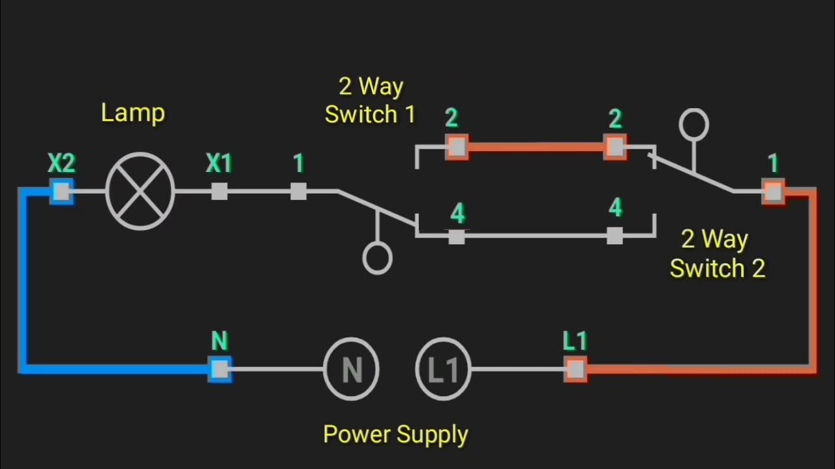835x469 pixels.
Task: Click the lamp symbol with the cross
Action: coord(140,192)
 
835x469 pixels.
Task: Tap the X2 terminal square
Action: coord(61,192)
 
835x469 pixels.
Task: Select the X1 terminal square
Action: coord(219,192)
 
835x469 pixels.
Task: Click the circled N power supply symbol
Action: coord(352,369)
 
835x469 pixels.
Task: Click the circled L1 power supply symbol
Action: coord(444,369)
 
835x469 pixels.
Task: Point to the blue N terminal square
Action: coord(220,369)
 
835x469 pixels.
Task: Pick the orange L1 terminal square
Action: coord(575,369)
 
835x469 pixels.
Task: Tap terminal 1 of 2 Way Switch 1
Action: coord(298,192)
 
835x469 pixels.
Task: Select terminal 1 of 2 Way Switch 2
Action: coord(774,192)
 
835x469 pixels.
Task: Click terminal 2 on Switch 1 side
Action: coord(457,147)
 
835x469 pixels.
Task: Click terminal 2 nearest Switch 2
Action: coord(615,147)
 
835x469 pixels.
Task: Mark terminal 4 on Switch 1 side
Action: coord(457,236)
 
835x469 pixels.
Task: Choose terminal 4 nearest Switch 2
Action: coord(615,236)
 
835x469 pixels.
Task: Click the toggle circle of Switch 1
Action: coord(377,259)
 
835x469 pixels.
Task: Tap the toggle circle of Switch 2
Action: coord(693,124)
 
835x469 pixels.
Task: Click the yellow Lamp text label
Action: coord(133,113)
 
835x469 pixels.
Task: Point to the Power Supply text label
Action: coord(396,434)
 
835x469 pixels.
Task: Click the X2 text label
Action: coord(61,163)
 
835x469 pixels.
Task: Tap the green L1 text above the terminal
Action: coord(575,341)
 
